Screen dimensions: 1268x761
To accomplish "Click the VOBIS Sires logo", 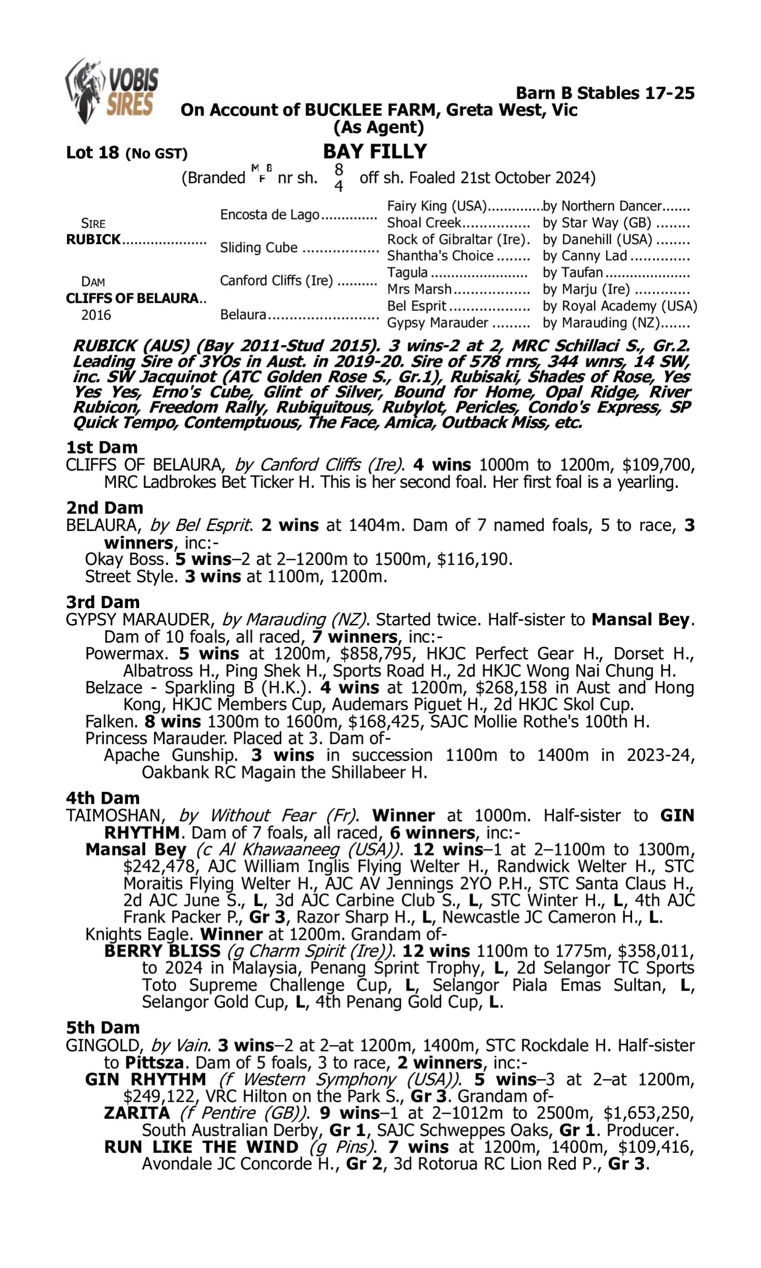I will (x=112, y=91).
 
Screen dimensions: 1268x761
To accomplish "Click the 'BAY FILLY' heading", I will (x=375, y=152).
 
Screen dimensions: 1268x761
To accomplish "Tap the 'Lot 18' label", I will (x=92, y=153).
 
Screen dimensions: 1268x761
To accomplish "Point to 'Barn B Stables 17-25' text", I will (x=605, y=93).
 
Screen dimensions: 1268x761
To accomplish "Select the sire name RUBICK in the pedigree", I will (x=93, y=240).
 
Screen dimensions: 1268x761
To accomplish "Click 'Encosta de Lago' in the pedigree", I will (x=270, y=215).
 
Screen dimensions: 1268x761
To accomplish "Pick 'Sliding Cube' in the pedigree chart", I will (x=258, y=248).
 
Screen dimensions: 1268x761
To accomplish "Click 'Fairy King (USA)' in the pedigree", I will (x=436, y=206).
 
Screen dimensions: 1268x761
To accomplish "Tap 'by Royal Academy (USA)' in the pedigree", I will (x=619, y=306).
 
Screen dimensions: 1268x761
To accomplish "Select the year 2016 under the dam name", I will (x=96, y=314).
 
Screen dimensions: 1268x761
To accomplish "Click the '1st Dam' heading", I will (x=101, y=447).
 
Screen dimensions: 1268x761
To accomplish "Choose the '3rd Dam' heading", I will (x=102, y=602).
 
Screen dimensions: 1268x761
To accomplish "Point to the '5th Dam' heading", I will (x=102, y=1028).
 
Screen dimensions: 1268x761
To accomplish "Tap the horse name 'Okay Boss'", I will (x=127, y=559).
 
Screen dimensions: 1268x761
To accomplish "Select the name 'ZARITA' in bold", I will (x=136, y=1113).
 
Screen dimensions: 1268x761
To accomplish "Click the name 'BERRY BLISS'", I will (x=162, y=952).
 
